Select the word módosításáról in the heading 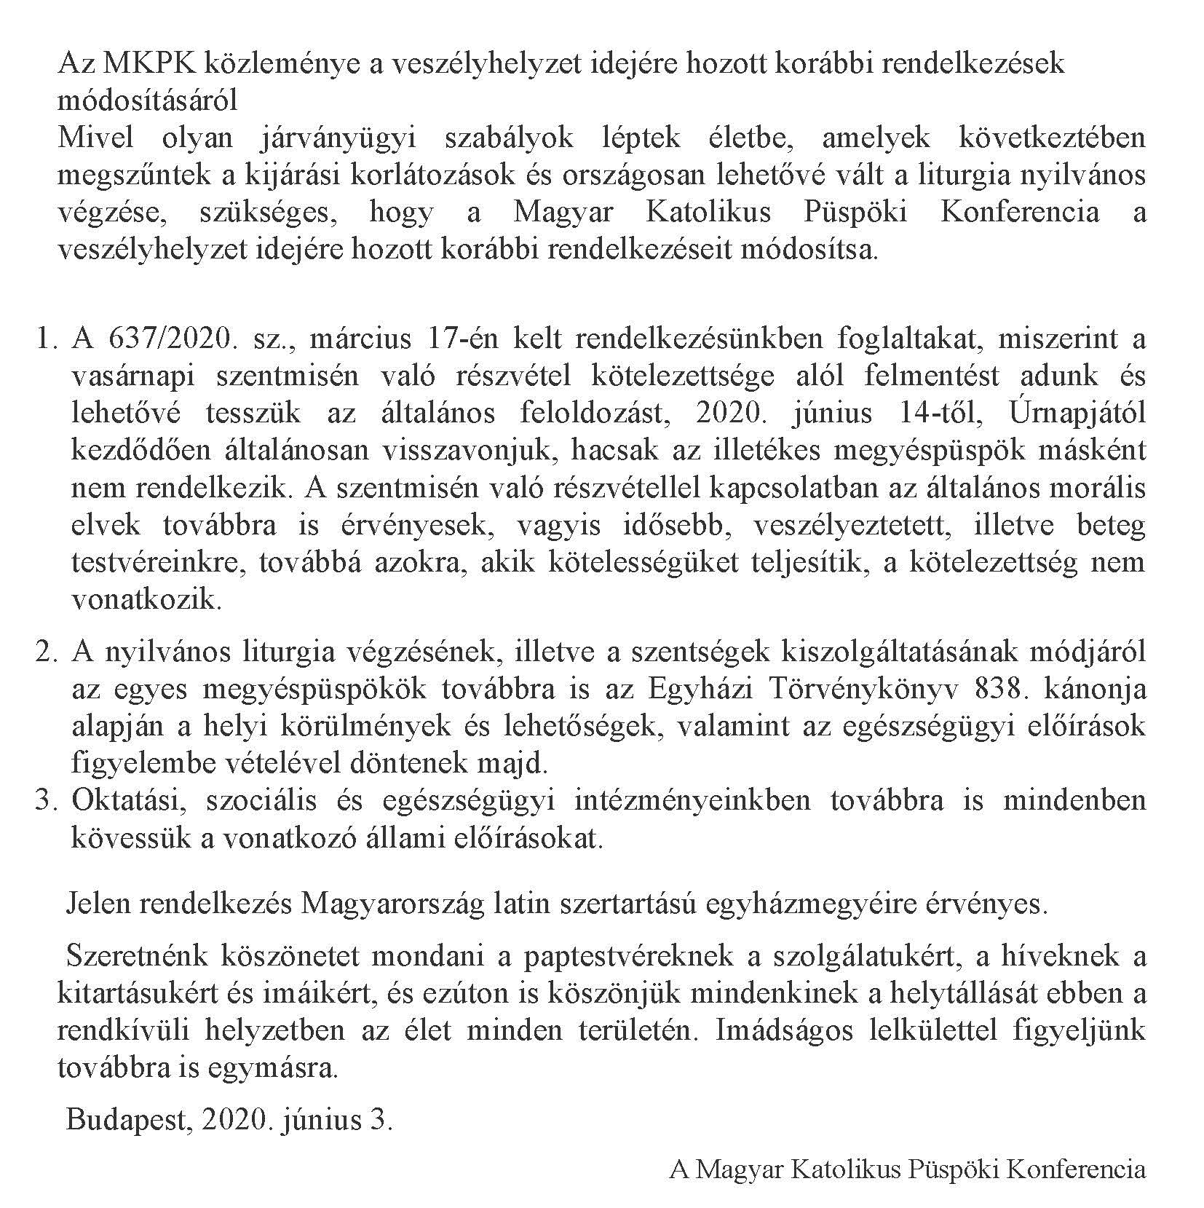click(x=147, y=100)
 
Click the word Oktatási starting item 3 click(x=130, y=800)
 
